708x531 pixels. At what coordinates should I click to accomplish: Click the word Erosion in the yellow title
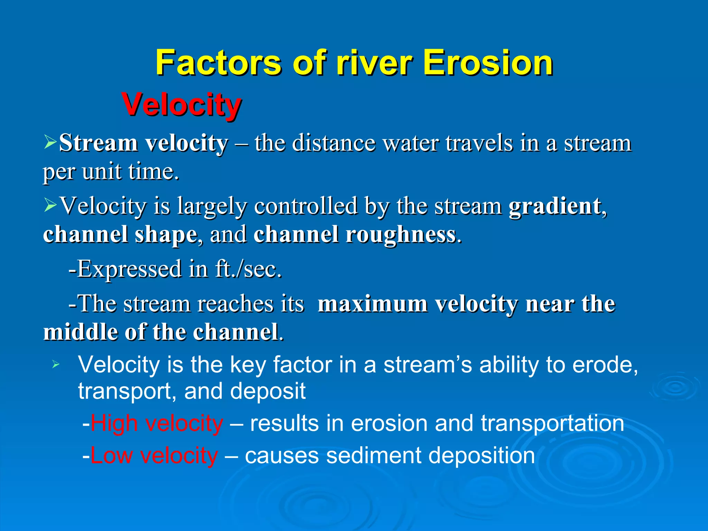tap(488, 63)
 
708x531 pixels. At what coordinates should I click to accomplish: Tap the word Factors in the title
tap(218, 63)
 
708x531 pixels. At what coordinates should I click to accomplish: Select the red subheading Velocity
tap(181, 105)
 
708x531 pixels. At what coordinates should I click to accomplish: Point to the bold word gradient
tap(555, 206)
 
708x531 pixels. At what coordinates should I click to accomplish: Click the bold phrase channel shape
tap(120, 235)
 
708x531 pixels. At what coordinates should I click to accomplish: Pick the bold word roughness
tap(401, 235)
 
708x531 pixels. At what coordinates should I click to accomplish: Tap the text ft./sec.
tap(248, 269)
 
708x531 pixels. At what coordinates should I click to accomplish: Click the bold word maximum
tap(372, 304)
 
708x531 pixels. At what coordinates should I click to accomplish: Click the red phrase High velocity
tap(157, 423)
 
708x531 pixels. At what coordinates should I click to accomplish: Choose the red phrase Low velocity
tap(154, 456)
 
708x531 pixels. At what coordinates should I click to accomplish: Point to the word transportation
tap(552, 423)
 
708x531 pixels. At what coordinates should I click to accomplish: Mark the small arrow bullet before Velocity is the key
tap(56, 364)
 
